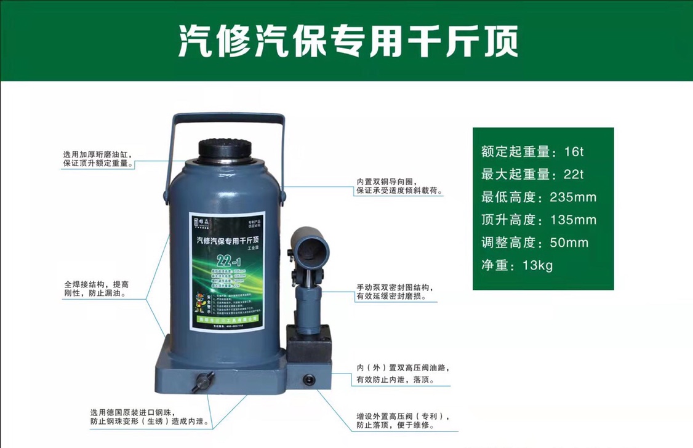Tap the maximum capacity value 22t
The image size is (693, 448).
point(573,175)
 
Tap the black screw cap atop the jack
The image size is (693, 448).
point(225,149)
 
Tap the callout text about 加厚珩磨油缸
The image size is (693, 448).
point(97,159)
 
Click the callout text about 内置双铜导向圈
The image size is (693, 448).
point(398,186)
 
